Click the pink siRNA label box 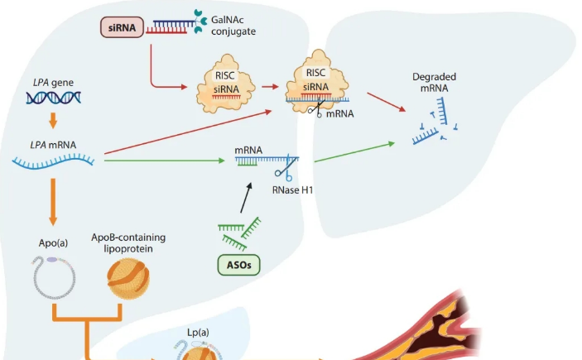click(x=122, y=26)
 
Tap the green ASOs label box click(x=238, y=266)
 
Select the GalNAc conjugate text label click(x=233, y=25)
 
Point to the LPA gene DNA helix click(x=53, y=98)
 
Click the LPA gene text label click(x=52, y=83)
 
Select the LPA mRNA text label click(x=52, y=145)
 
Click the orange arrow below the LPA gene click(x=53, y=120)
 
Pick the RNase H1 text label click(x=293, y=190)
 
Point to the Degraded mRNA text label click(x=434, y=83)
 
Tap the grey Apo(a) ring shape click(x=51, y=277)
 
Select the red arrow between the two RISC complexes click(x=262, y=85)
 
